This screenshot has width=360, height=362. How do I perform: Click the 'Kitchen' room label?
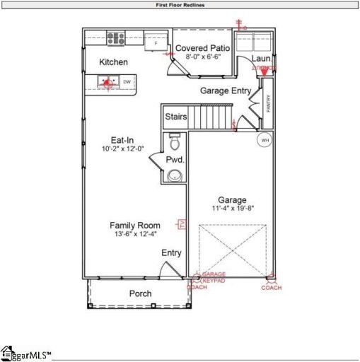click(113, 62)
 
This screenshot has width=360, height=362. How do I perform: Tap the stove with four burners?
click(116, 38)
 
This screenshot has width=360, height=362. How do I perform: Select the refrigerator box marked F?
click(156, 43)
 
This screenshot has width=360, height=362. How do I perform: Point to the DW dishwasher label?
click(127, 83)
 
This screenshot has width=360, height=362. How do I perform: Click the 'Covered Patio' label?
click(204, 48)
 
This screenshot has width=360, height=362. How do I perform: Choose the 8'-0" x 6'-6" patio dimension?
click(204, 57)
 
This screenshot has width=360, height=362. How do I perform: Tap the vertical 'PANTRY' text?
click(268, 104)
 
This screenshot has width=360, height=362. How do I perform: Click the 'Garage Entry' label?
click(225, 90)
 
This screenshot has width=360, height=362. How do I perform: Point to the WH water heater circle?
click(265, 140)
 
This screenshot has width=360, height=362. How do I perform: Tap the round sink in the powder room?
click(175, 175)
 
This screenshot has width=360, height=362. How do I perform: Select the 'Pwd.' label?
click(175, 160)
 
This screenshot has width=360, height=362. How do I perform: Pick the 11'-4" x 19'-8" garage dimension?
click(231, 209)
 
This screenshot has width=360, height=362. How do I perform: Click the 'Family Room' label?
click(134, 226)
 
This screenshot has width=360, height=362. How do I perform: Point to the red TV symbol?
click(181, 224)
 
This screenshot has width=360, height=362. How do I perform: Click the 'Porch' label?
click(140, 293)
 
